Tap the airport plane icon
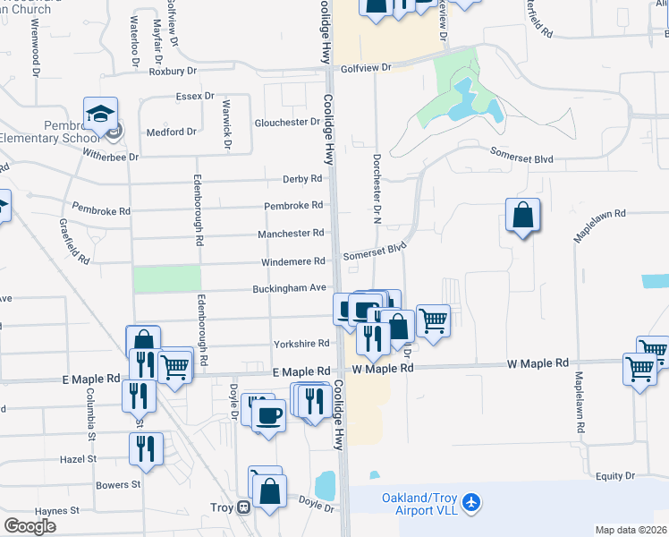(x=472, y=504)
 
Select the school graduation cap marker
(x=99, y=114)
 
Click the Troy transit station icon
(x=242, y=507)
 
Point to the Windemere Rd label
(x=292, y=261)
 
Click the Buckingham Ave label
(x=293, y=288)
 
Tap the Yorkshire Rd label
(x=301, y=343)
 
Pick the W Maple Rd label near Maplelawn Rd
(x=538, y=363)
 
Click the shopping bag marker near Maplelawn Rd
(x=522, y=216)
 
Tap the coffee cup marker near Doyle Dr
(x=267, y=414)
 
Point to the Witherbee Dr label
(x=110, y=157)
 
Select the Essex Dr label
(x=195, y=96)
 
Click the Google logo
(x=30, y=526)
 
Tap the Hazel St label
(x=79, y=458)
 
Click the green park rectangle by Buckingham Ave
(x=166, y=278)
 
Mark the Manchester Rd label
(x=291, y=233)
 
